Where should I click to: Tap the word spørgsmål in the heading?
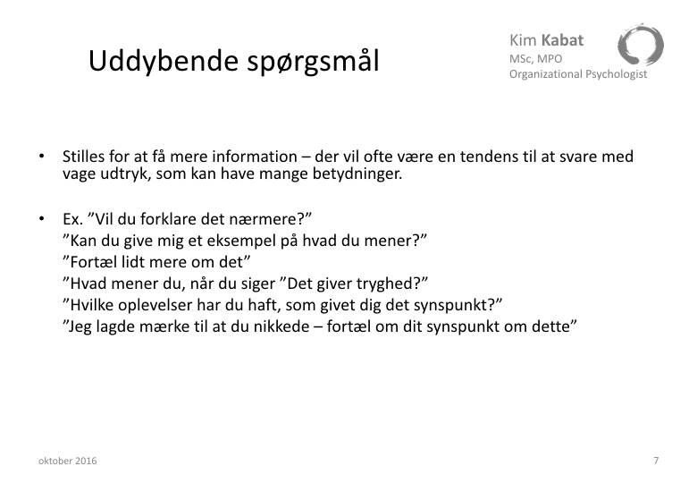(314, 63)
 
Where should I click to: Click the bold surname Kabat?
(562, 40)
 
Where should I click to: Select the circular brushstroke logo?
(640, 45)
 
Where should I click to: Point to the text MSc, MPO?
(535, 59)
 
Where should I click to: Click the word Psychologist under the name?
(616, 74)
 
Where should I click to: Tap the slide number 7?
(656, 461)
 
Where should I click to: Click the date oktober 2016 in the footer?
(68, 461)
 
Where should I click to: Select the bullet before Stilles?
(42, 157)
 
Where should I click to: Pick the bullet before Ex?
(42, 219)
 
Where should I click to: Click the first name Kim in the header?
(523, 40)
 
